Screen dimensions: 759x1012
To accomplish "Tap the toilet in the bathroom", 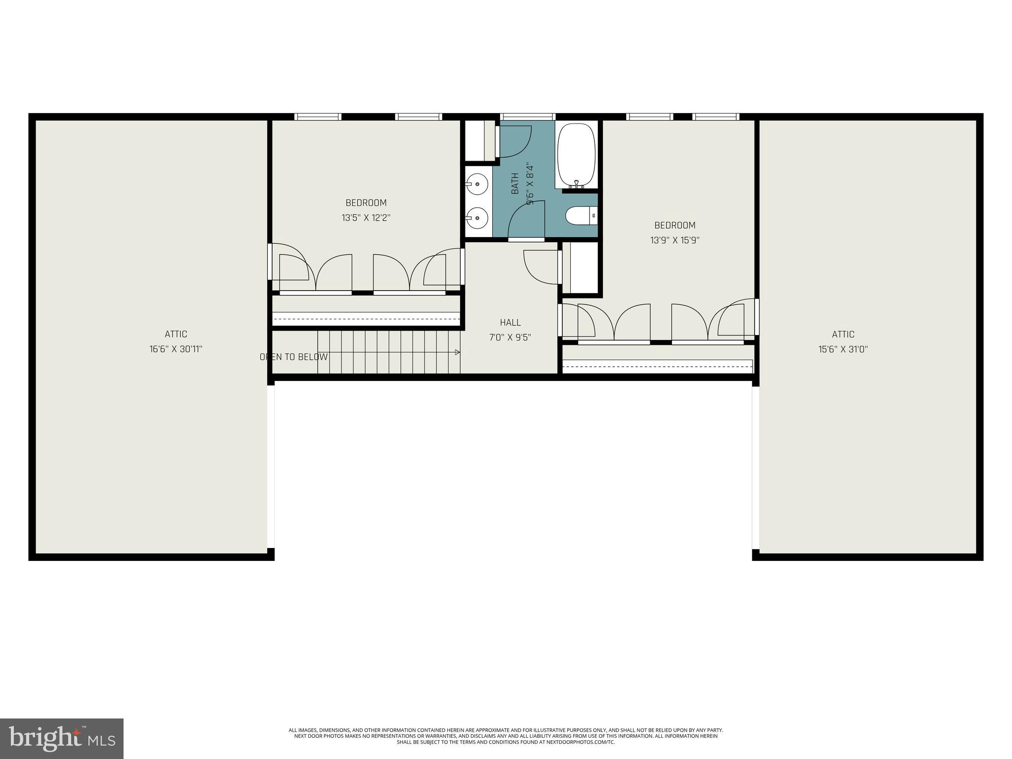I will click(x=579, y=216).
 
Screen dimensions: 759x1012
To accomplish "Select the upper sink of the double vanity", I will click(x=477, y=184).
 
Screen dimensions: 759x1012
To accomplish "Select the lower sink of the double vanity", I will click(x=477, y=217).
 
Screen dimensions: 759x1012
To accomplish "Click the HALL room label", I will click(x=510, y=323).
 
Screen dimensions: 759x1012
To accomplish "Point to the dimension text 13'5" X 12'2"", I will click(x=366, y=218).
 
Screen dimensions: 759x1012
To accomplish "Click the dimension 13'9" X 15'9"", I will click(x=675, y=241).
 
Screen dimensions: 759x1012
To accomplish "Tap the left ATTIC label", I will click(x=176, y=334).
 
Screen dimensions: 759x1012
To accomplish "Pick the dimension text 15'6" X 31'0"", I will click(x=843, y=349).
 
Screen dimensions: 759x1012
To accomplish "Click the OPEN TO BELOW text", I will click(x=294, y=357).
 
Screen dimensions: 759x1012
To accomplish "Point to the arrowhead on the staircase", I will click(x=458, y=352).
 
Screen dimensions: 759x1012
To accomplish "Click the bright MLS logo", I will click(x=62, y=738).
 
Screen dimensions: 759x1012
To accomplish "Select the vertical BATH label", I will click(x=515, y=183).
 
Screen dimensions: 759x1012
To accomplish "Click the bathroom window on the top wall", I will click(x=527, y=117).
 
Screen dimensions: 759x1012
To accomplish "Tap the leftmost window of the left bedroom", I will click(x=318, y=117).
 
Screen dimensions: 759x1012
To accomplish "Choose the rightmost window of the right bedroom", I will click(x=716, y=117).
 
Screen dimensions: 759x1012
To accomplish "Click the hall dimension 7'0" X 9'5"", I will click(x=510, y=338).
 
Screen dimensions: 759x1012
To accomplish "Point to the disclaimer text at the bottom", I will click(x=506, y=736).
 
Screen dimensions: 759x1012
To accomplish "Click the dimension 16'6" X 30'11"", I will click(x=176, y=349).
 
